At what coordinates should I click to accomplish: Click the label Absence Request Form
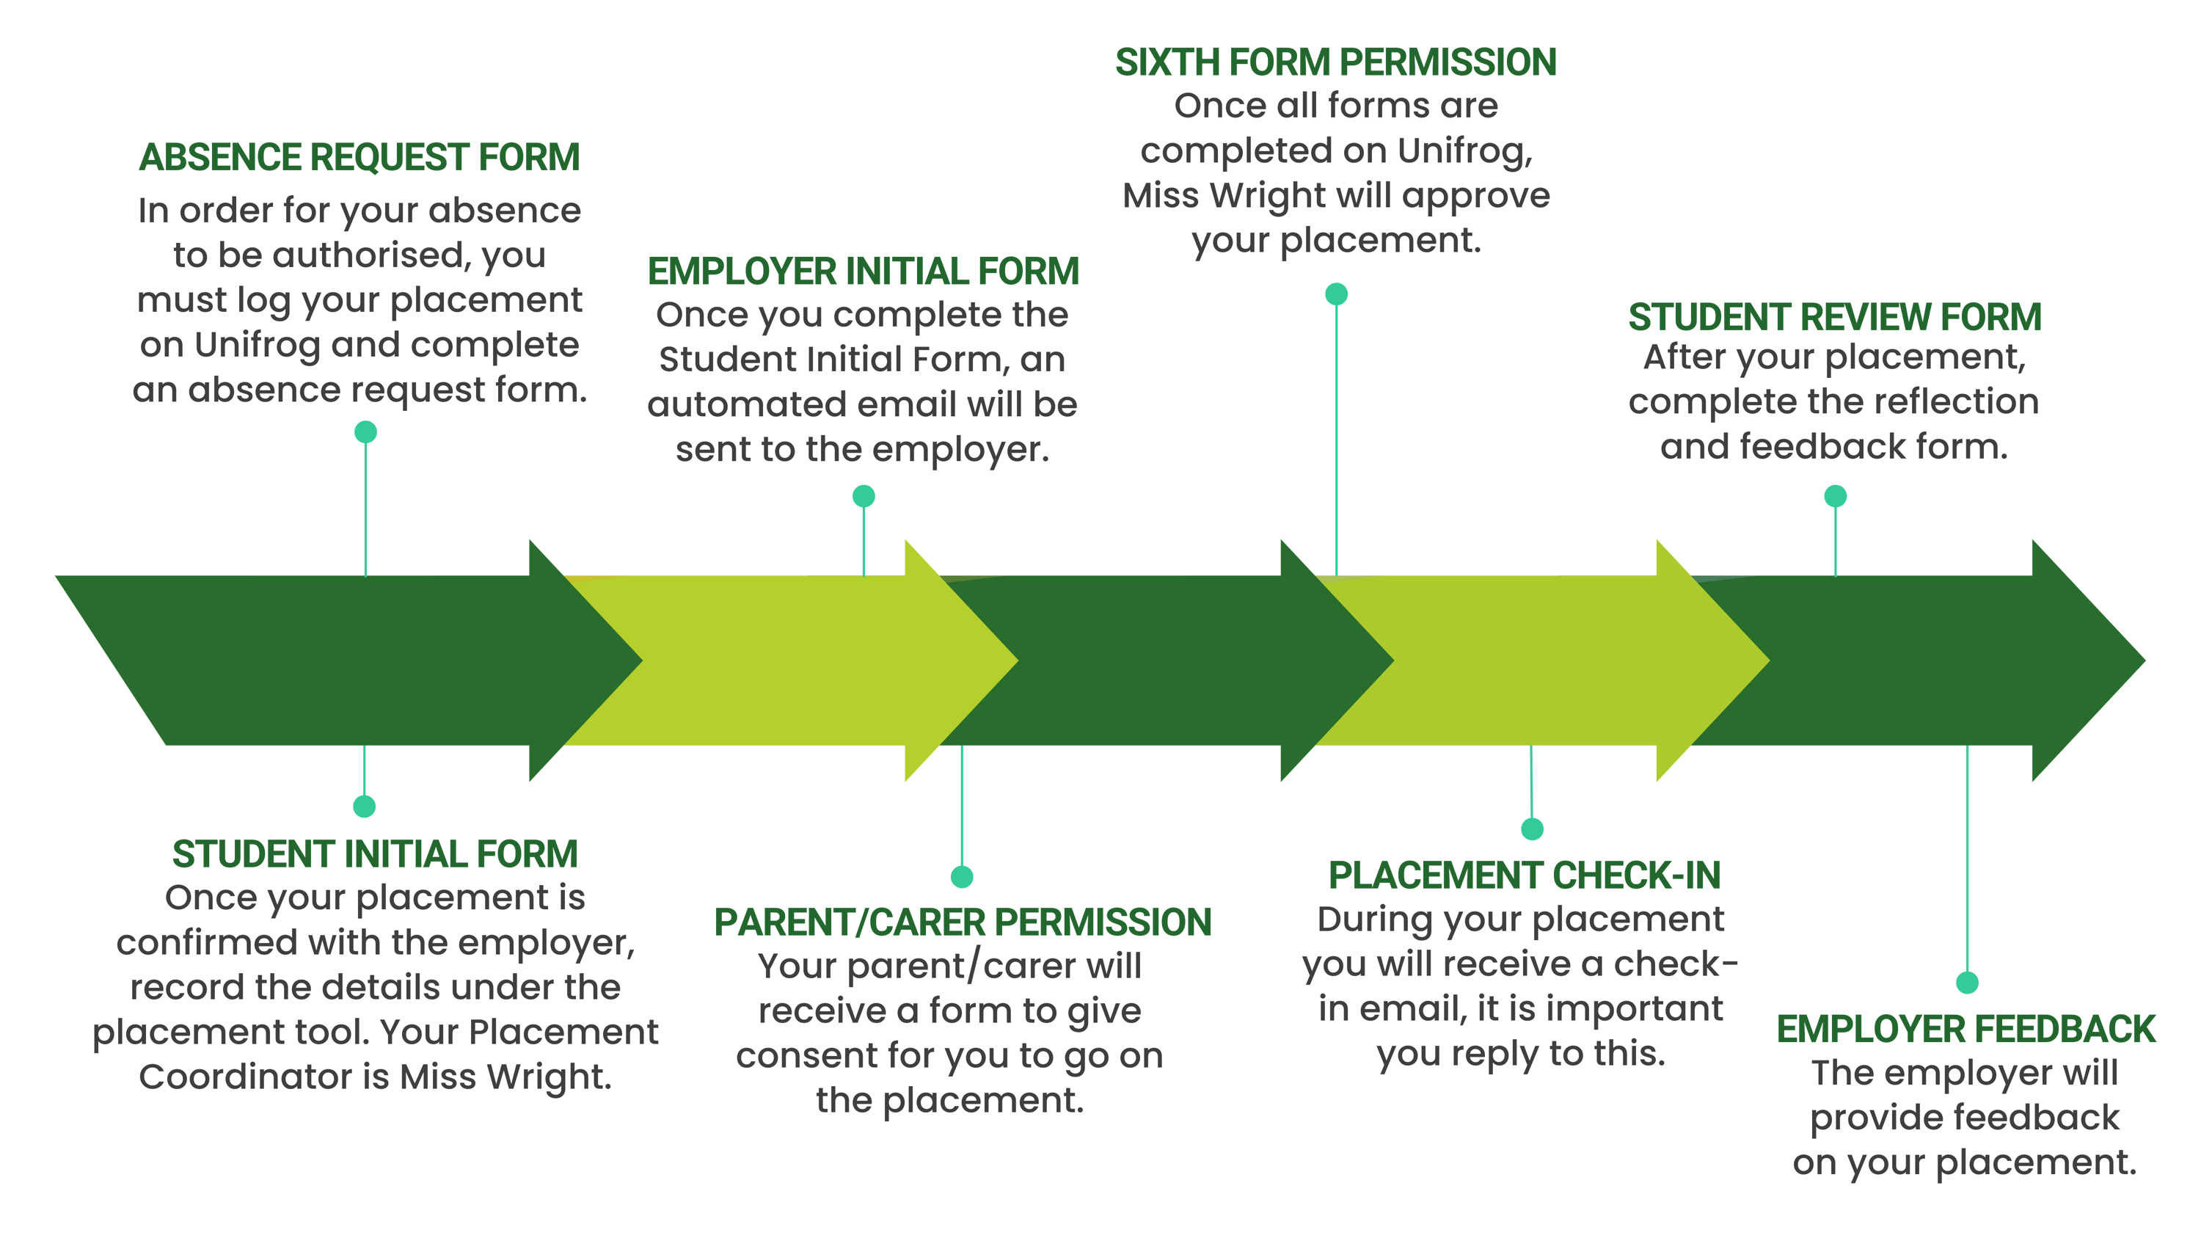click(359, 158)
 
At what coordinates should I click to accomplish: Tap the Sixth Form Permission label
click(1335, 62)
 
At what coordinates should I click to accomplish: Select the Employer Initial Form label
click(863, 272)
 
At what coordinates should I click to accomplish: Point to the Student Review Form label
click(1834, 318)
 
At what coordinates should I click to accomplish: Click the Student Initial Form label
click(375, 854)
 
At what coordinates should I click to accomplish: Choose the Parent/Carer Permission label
click(963, 922)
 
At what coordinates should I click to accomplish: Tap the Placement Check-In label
click(1525, 875)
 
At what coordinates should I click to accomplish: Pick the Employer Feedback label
click(1966, 1030)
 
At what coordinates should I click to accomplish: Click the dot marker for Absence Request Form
click(365, 432)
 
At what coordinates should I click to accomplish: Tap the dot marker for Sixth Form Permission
click(1336, 295)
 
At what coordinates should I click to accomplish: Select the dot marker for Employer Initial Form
click(864, 496)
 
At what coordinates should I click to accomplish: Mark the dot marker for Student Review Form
click(1836, 496)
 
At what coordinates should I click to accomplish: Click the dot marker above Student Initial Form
click(365, 806)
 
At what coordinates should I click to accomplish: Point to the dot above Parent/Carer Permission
click(962, 877)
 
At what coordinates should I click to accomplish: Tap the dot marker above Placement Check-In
click(1532, 829)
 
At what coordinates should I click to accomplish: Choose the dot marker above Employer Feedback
click(1968, 983)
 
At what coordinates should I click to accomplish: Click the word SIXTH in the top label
click(1167, 62)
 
